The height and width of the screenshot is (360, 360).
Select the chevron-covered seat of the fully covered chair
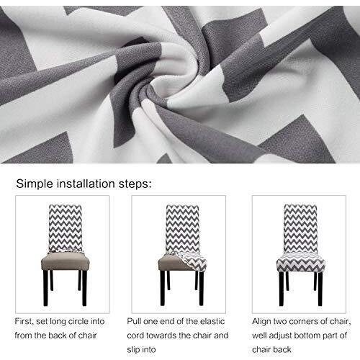point(299,261)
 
